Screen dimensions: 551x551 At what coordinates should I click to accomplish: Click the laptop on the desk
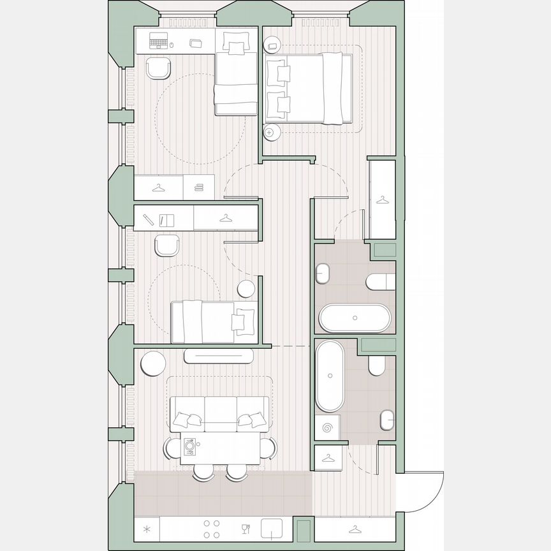coord(159,42)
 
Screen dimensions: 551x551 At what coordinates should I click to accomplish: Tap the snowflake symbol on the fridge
coord(147,529)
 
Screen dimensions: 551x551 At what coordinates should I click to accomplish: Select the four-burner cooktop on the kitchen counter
coord(212,529)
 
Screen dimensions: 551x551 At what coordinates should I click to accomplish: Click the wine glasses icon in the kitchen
coord(246,528)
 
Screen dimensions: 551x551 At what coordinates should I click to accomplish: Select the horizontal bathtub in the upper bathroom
coord(355,318)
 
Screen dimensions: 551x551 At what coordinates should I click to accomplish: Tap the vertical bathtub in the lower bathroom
coord(330,376)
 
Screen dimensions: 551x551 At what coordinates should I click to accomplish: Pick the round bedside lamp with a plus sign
coord(269,133)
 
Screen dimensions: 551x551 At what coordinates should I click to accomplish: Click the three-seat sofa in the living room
coord(219,413)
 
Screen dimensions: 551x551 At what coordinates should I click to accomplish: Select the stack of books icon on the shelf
coord(198,187)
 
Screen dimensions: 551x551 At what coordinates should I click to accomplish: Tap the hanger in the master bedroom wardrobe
coord(382,200)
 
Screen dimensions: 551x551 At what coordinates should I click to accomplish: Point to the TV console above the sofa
coord(219,356)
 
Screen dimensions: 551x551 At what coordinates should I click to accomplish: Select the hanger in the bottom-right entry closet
coord(355,529)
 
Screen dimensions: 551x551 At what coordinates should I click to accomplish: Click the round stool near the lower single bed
coord(246,289)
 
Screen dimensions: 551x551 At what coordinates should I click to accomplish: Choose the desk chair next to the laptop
coord(159,68)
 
